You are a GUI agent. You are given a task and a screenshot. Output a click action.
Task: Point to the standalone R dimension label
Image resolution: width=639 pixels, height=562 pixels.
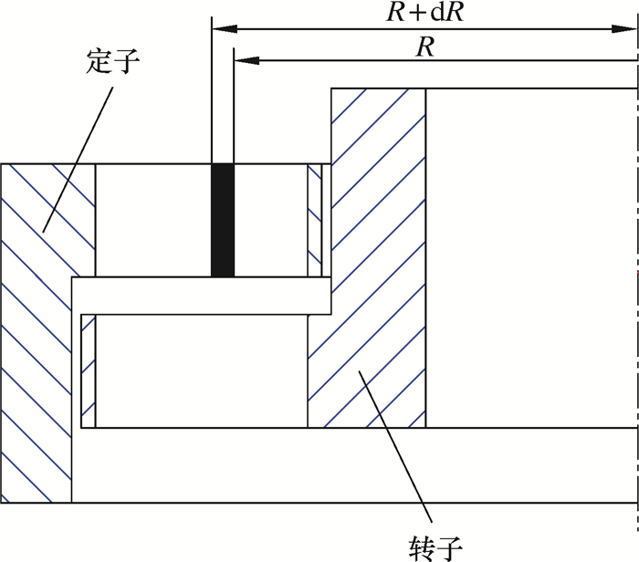coord(424,47)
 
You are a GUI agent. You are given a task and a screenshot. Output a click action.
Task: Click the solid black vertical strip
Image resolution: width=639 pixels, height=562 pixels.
coord(223,220)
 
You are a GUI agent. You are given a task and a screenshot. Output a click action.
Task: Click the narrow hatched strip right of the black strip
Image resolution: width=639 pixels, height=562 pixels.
coord(315,220)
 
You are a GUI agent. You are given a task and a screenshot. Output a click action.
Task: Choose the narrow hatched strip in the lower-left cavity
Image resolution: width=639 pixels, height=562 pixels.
coord(88,369)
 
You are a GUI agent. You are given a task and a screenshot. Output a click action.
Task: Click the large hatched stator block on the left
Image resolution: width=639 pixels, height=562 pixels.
coord(37,347)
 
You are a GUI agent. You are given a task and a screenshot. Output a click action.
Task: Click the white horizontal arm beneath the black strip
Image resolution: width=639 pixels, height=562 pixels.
coord(201,294)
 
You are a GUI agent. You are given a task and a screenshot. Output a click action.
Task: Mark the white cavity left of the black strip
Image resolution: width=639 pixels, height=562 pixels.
coord(152,220)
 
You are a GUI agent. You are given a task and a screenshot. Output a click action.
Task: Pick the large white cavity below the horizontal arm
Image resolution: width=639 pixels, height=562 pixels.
coord(201,369)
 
